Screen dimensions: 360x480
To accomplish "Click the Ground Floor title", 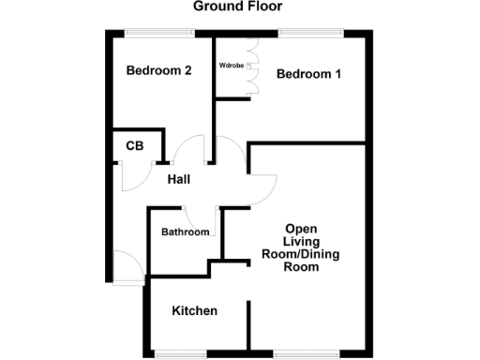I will tap(237, 7).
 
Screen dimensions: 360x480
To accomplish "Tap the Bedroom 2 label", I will tap(159, 69).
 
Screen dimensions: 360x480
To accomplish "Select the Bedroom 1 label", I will tap(308, 74).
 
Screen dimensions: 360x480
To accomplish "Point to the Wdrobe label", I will tap(232, 66).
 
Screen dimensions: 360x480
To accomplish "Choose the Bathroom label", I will tap(185, 232).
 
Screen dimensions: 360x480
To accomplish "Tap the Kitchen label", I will tap(195, 310).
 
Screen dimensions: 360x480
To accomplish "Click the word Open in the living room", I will tap(301, 228).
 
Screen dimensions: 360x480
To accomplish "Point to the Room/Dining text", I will tap(301, 254).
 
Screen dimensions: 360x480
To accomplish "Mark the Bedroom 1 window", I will tap(309, 33).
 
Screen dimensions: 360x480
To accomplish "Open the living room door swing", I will tap(262, 192).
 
